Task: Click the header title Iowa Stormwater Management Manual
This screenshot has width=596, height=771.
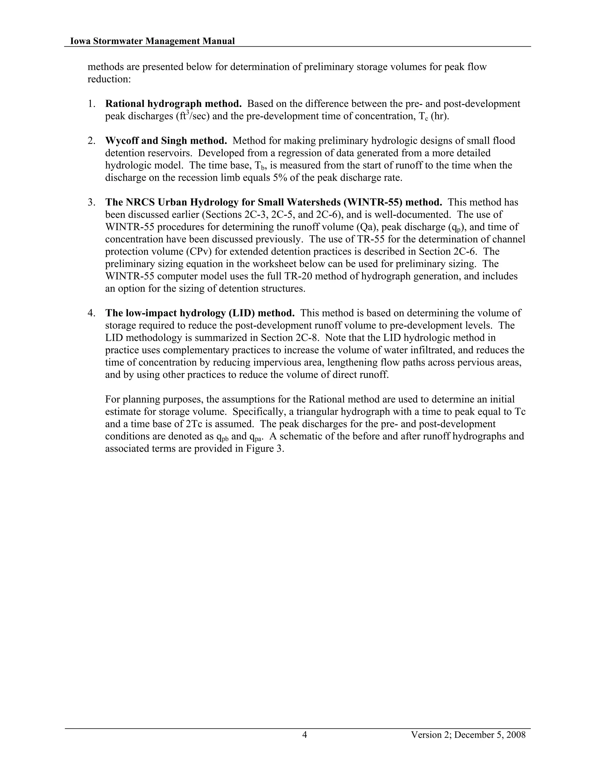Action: (152, 41)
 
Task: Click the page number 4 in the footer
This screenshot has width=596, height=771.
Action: (304, 735)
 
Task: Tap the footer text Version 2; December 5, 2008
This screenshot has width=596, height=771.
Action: (468, 735)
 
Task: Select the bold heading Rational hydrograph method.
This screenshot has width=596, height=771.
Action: (173, 104)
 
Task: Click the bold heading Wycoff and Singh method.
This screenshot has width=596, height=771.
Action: (166, 141)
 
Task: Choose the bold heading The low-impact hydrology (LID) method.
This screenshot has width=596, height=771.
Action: (200, 313)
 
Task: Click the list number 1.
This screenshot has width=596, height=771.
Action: (91, 104)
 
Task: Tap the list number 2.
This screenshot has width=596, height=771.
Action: (91, 141)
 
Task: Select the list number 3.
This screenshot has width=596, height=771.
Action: (91, 202)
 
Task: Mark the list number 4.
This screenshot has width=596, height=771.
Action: (91, 313)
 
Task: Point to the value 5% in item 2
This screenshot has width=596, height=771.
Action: (280, 177)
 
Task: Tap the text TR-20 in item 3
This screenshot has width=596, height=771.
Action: (298, 276)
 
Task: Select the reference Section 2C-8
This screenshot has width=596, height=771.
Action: (290, 338)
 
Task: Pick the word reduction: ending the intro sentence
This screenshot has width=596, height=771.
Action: (109, 79)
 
